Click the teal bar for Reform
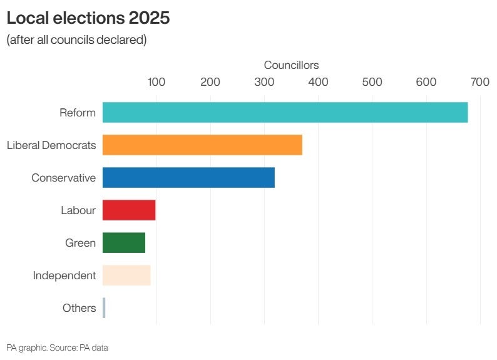point(285,113)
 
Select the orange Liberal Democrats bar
point(202,145)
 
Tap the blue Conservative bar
point(188,178)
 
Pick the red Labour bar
point(129,210)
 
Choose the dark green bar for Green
point(124,243)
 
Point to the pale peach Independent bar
point(126,275)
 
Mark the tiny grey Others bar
point(104,308)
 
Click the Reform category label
point(78,113)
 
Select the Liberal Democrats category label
point(51,145)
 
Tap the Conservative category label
point(64,178)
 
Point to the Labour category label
point(78,210)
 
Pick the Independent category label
point(64,275)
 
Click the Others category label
point(79,308)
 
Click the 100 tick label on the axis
point(156,82)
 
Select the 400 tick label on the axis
point(319,82)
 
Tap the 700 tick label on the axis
point(480,82)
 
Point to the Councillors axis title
point(291,65)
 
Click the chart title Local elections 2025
point(88,18)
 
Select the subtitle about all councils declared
point(76,40)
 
